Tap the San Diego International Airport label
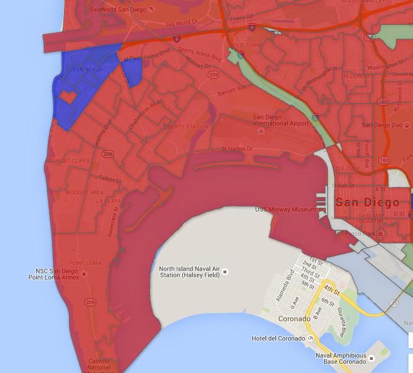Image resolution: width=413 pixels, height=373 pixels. (x=281, y=121)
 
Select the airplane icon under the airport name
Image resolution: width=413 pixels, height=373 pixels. (x=261, y=131)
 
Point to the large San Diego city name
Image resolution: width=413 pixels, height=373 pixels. (x=367, y=202)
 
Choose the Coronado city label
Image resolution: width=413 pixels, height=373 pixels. (x=294, y=319)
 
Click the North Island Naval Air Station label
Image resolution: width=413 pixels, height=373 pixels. (x=189, y=272)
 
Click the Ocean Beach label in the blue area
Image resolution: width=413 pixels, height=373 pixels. (x=84, y=70)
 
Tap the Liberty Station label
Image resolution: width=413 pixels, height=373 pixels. (x=186, y=127)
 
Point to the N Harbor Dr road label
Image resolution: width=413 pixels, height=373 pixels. (x=238, y=149)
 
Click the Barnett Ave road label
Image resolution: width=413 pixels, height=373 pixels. (x=234, y=88)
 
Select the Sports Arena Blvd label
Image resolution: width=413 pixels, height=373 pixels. (x=199, y=54)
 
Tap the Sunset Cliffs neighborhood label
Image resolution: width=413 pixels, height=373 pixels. (x=69, y=161)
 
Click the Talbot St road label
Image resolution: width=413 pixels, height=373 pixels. (x=110, y=179)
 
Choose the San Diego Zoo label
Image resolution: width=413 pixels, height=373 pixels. (x=382, y=125)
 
